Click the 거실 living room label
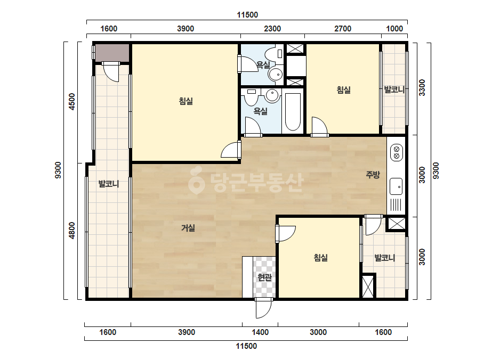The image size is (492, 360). pos(188,228)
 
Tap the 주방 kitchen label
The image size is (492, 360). pos(373,174)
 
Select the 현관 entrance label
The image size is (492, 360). pos(264,277)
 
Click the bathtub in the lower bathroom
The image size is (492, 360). pos(293,111)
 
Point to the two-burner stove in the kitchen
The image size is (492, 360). pos(396,152)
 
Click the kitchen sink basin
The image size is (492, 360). pos(396,186)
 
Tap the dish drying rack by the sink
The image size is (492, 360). pos(396,205)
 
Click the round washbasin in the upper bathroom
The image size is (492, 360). pos(276,75)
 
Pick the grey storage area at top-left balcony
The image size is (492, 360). pos(112,53)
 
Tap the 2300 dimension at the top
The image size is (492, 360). pos(272,29)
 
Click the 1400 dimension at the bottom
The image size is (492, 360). pos(260,332)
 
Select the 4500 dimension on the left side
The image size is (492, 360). pos(72,101)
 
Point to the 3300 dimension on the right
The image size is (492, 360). pos(422,87)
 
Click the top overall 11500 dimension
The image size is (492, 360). pos(247,15)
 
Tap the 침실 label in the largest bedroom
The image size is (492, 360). pos(185,101)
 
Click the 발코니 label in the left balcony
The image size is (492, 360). pos(109,183)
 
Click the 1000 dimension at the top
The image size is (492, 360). pos(394,29)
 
